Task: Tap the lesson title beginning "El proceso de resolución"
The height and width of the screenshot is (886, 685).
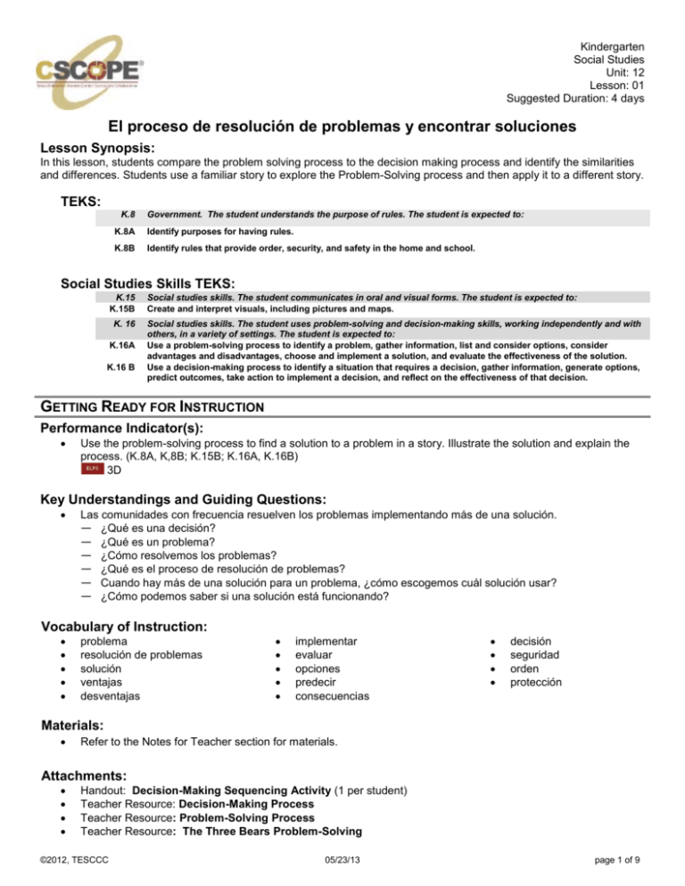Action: (x=342, y=130)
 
